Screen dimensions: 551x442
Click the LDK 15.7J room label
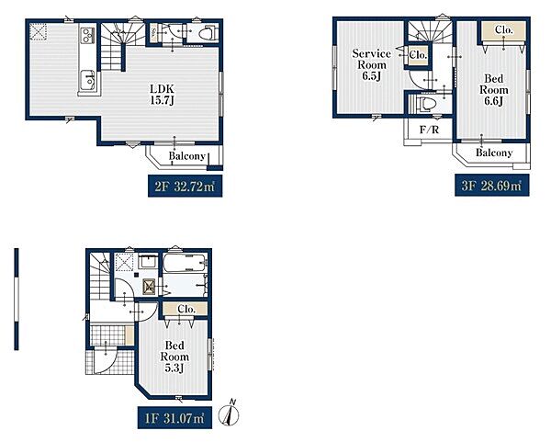point(163,95)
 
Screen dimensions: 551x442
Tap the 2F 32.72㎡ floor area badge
point(185,187)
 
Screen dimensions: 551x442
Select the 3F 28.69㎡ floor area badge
point(491,186)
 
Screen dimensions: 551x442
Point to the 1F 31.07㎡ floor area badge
point(174,418)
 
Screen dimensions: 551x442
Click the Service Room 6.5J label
point(371,64)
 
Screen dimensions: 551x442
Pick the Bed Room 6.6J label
point(493,90)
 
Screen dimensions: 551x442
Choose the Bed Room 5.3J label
point(174,357)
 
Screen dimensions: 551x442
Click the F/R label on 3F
point(430,130)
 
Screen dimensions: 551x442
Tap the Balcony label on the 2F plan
point(186,156)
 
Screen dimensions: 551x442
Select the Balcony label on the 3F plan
point(494,153)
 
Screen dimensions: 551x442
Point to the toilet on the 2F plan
point(208,34)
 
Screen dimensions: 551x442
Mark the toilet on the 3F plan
point(426,104)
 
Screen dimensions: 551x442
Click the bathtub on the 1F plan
point(185,262)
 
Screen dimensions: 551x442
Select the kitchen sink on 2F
point(87,80)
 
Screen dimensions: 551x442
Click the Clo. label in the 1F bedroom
point(186,309)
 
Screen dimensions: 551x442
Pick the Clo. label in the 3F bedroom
point(504,30)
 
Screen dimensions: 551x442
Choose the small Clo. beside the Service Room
point(418,55)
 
